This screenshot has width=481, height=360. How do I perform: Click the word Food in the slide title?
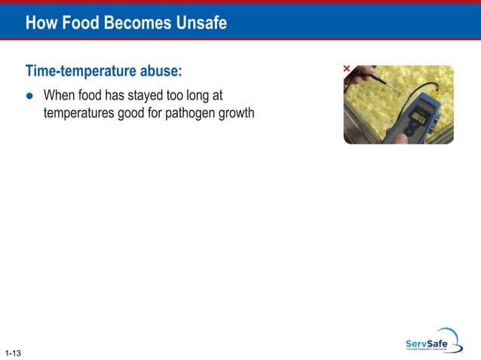[79, 23]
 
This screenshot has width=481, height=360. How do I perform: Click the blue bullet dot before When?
[30, 96]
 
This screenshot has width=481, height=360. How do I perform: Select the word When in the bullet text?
[60, 96]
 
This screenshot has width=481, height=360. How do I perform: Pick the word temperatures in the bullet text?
[79, 114]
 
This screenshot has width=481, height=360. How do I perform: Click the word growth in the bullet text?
[233, 114]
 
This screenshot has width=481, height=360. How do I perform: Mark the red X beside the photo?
[347, 69]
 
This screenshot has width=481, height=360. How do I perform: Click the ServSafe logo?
[432, 341]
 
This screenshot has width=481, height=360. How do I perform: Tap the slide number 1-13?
[12, 352]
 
